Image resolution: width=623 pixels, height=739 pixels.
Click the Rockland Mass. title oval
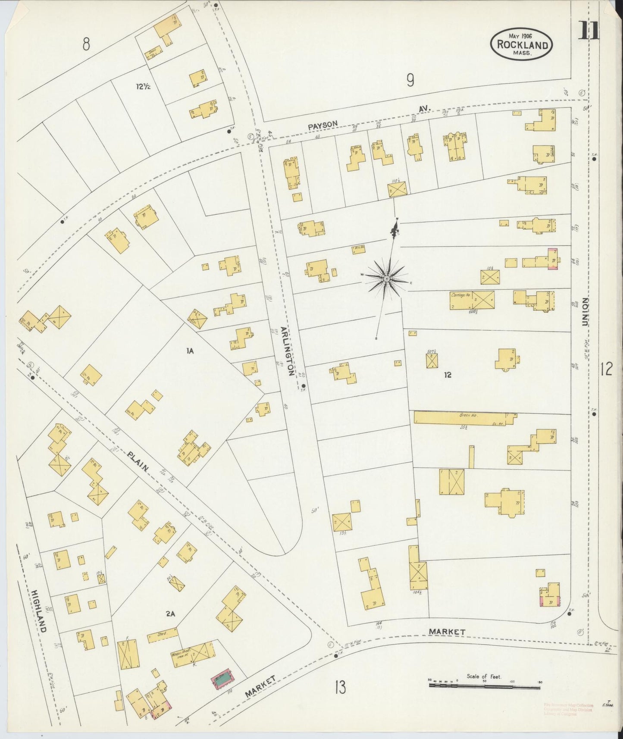pos(522,44)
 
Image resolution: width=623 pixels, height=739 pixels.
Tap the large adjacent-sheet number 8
pos(87,44)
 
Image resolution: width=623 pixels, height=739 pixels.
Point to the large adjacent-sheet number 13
pos(340,687)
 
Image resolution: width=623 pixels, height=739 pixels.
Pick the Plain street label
pos(138,461)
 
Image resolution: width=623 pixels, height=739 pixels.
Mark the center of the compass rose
pos(387,279)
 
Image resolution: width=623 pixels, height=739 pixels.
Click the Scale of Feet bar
pos(485,683)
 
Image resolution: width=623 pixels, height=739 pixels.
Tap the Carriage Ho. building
pos(472,300)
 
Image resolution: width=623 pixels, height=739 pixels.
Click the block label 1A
pos(190,351)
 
